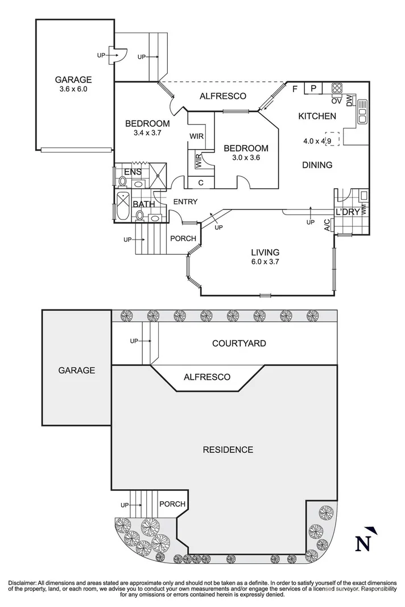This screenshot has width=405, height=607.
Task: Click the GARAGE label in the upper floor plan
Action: click(73, 80)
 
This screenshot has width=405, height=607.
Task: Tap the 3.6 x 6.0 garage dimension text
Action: click(73, 89)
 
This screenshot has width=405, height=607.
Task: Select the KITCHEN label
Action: click(317, 116)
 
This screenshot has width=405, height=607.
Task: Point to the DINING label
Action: click(317, 165)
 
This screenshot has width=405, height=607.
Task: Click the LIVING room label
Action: click(265, 252)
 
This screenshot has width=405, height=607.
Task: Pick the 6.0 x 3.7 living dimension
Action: click(265, 262)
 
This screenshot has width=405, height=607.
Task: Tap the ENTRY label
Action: click(185, 201)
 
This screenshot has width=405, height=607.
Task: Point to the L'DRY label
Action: click(347, 212)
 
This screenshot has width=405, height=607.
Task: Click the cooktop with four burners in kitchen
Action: click(336, 88)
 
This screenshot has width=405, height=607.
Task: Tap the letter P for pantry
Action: click(313, 88)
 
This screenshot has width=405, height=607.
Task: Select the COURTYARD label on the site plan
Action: click(239, 343)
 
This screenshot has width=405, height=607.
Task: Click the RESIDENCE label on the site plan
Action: click(228, 449)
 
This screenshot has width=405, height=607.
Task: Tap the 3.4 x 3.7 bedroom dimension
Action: click(147, 134)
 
